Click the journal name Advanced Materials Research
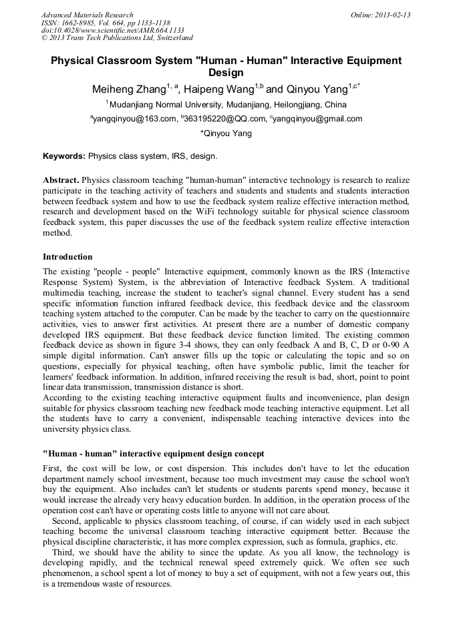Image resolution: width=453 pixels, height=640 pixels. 87,15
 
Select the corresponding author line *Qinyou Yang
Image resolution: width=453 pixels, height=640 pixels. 226,133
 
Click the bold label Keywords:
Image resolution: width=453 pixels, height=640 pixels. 64,156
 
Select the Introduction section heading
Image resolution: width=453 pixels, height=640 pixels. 67,257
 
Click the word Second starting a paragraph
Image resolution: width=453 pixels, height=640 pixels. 66,521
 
